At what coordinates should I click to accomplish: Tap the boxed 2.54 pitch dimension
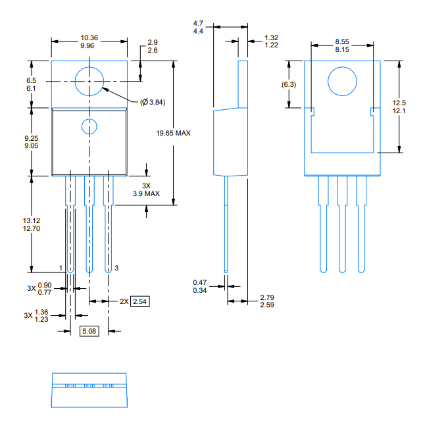[x=140, y=301]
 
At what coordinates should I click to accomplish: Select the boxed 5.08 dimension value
[x=89, y=331]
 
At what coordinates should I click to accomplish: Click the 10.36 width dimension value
[x=89, y=38]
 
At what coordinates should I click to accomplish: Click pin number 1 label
[x=61, y=268]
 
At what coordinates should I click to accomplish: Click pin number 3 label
[x=116, y=268]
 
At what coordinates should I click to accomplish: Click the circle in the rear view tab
[x=341, y=84]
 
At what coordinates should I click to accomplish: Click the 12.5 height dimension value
[x=399, y=103]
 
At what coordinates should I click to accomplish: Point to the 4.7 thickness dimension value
[x=199, y=24]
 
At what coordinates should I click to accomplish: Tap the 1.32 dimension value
[x=271, y=38]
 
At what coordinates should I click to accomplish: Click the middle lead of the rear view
[x=341, y=224]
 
